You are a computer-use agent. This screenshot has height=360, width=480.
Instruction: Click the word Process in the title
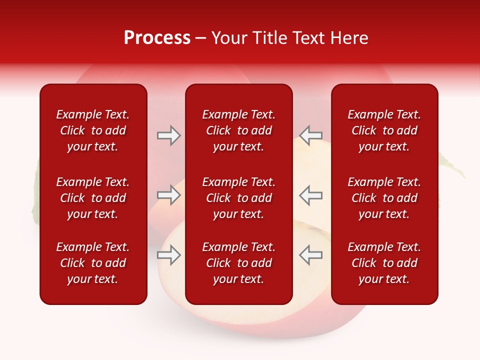click(x=157, y=38)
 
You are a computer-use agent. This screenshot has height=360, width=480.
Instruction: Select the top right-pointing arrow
click(x=169, y=135)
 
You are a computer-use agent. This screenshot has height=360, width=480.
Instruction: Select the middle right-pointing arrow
click(x=169, y=195)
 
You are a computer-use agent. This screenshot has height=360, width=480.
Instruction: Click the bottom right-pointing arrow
click(x=169, y=255)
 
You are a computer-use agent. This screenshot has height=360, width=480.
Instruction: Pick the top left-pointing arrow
click(x=311, y=135)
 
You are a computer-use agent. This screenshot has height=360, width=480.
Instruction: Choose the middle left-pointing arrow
click(x=311, y=195)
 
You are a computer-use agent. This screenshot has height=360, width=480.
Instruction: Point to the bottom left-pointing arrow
click(x=311, y=255)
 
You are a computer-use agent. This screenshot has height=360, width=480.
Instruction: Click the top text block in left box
click(x=93, y=130)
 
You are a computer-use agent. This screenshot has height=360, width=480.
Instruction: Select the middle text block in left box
click(x=93, y=198)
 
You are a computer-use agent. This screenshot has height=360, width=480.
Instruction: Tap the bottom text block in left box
click(x=93, y=263)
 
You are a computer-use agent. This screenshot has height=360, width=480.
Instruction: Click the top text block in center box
click(x=239, y=130)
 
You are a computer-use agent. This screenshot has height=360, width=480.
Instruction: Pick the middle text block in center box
click(x=239, y=198)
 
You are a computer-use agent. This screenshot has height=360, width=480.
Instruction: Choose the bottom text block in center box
click(x=239, y=263)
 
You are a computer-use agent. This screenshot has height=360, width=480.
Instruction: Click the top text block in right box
click(x=384, y=130)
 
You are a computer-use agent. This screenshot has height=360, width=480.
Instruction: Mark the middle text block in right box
click(x=384, y=198)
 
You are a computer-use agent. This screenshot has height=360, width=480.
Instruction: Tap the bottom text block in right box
click(x=384, y=263)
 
